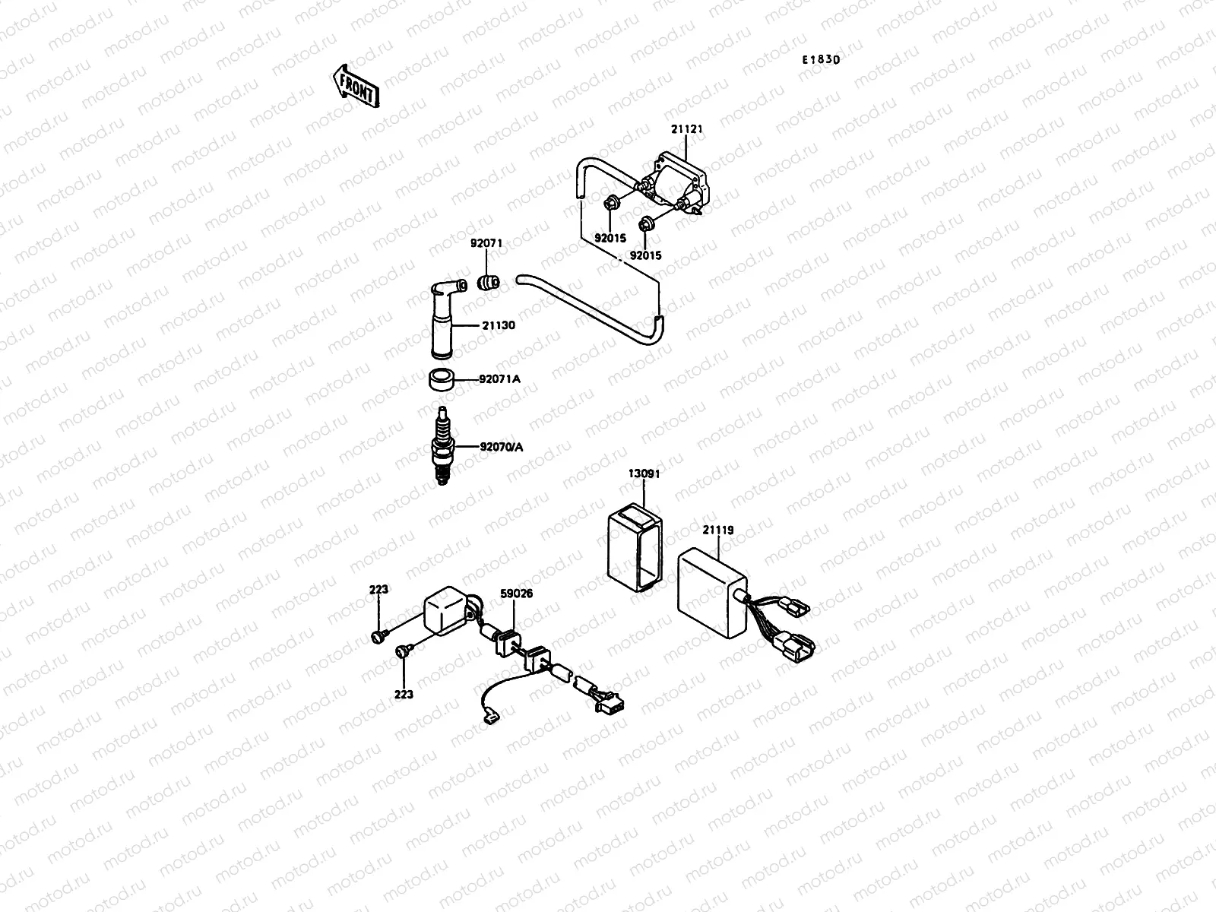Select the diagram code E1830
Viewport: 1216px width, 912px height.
tap(819, 60)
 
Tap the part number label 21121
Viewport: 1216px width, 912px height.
tap(686, 130)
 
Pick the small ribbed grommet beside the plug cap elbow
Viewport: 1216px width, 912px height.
tap(487, 284)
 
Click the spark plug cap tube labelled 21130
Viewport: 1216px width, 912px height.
tap(442, 323)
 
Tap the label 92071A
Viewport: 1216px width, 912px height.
tap(499, 378)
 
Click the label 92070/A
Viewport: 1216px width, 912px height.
tap(501, 447)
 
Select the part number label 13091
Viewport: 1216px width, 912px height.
tap(644, 473)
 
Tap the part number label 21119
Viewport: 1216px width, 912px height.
tap(717, 530)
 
